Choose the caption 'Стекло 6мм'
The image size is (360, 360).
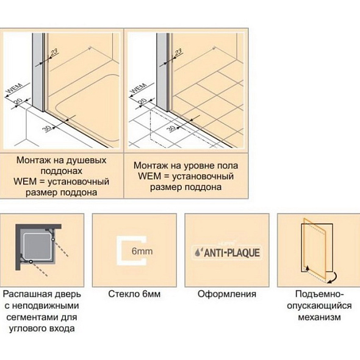(134, 294)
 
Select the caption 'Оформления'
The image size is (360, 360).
(227, 294)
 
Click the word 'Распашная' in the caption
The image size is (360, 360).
(24, 294)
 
